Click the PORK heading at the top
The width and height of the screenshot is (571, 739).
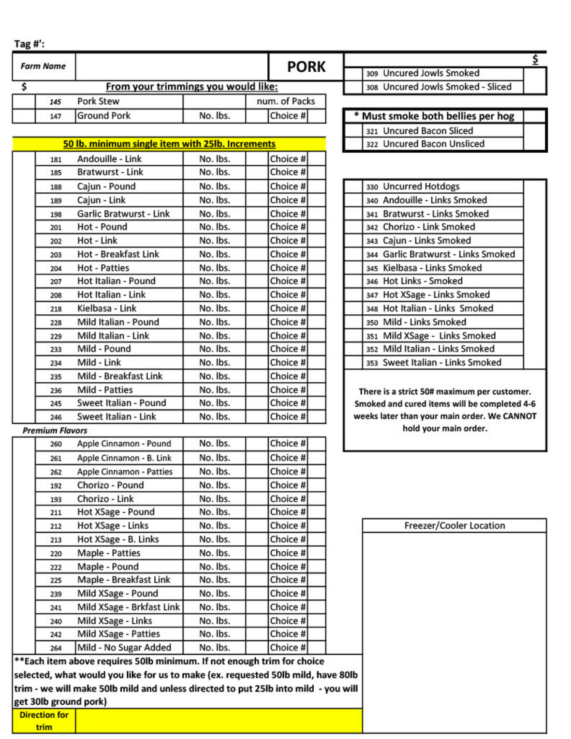pyautogui.click(x=306, y=67)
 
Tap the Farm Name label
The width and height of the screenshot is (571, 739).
pyautogui.click(x=43, y=66)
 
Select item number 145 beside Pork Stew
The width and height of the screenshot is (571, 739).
pyautogui.click(x=55, y=102)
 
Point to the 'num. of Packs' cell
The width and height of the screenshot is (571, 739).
pyautogui.click(x=285, y=101)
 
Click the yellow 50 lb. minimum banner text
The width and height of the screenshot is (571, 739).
pyautogui.click(x=169, y=144)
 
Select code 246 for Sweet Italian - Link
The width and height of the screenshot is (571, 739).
pyautogui.click(x=56, y=417)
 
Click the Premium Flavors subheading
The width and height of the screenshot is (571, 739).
pyautogui.click(x=55, y=430)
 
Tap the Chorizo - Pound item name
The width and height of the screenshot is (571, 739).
pyautogui.click(x=110, y=485)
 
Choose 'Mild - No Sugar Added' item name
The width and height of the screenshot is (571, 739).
pyautogui.click(x=124, y=647)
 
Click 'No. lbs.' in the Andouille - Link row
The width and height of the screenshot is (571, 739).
pyautogui.click(x=214, y=159)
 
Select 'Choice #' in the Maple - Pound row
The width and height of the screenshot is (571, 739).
pyautogui.click(x=288, y=567)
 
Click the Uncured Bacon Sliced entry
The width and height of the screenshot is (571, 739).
pyautogui.click(x=427, y=131)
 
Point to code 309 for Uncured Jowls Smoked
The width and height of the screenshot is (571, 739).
pyautogui.click(x=372, y=73)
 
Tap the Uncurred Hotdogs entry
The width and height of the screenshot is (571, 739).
pyautogui.click(x=421, y=186)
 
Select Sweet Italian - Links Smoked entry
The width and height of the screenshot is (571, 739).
pyautogui.click(x=442, y=363)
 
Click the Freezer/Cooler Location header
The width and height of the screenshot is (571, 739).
pyautogui.click(x=454, y=526)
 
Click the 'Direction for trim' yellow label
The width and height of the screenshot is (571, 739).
pyautogui.click(x=44, y=721)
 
